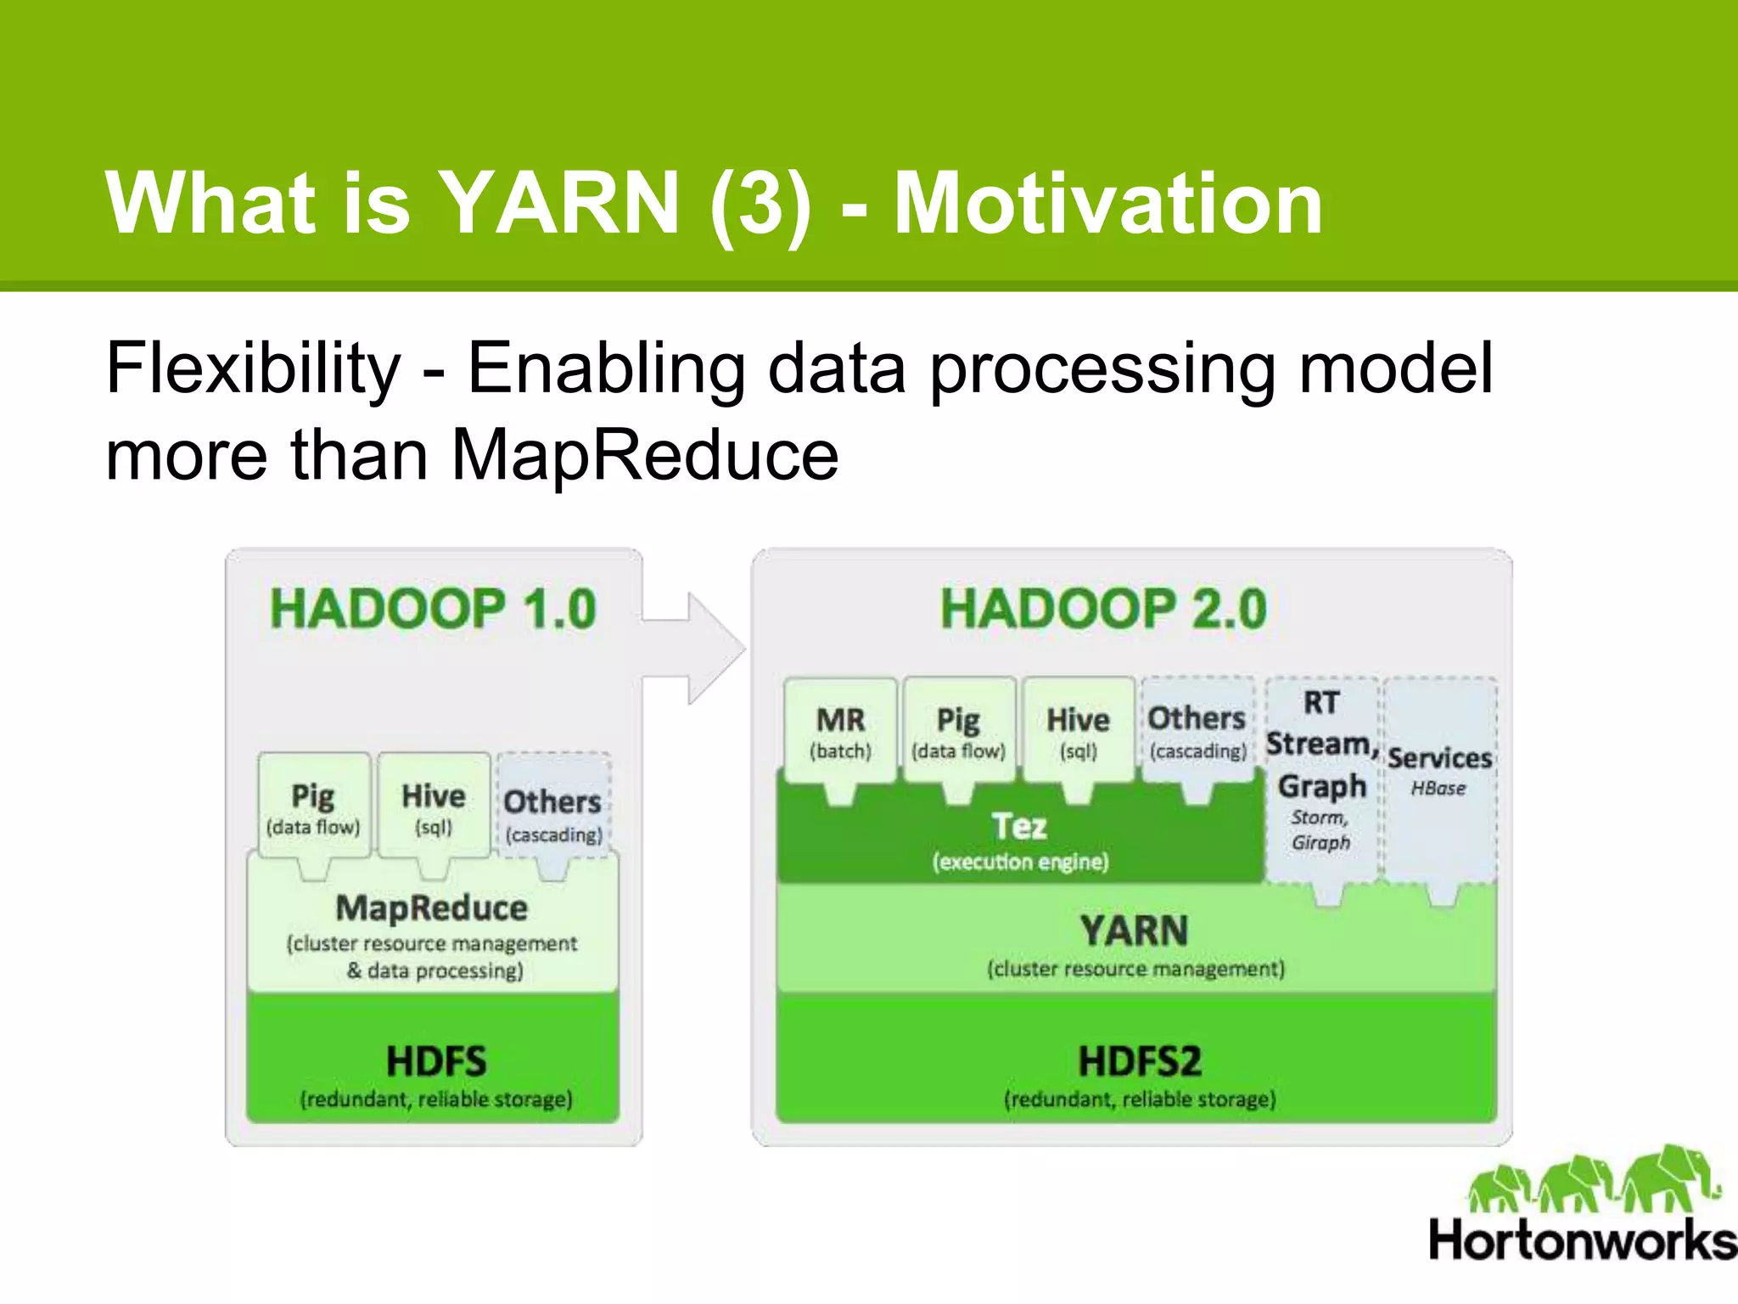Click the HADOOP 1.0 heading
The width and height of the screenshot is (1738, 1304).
click(434, 609)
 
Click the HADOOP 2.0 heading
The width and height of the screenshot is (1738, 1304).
click(1103, 609)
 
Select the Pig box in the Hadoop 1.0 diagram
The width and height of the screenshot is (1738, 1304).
click(313, 807)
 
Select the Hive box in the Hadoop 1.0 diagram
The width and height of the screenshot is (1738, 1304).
click(434, 807)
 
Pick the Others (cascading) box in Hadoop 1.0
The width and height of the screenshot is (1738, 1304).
click(553, 811)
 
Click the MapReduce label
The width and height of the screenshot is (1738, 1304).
click(432, 908)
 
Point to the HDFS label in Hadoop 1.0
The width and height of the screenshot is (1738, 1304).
click(436, 1061)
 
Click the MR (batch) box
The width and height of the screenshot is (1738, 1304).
click(840, 730)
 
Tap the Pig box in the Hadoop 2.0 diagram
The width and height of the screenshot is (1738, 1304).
click(959, 730)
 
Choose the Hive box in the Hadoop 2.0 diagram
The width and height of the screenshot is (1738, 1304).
click(1078, 730)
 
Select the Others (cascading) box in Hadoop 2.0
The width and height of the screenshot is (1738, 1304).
click(1197, 730)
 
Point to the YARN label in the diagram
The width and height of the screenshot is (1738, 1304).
click(1135, 930)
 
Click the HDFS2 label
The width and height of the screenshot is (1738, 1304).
click(1140, 1061)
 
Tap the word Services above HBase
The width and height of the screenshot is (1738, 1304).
click(1439, 757)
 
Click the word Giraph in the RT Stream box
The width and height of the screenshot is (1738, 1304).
click(1320, 842)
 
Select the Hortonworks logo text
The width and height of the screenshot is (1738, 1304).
click(1582, 1241)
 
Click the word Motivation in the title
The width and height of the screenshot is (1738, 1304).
click(1107, 204)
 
